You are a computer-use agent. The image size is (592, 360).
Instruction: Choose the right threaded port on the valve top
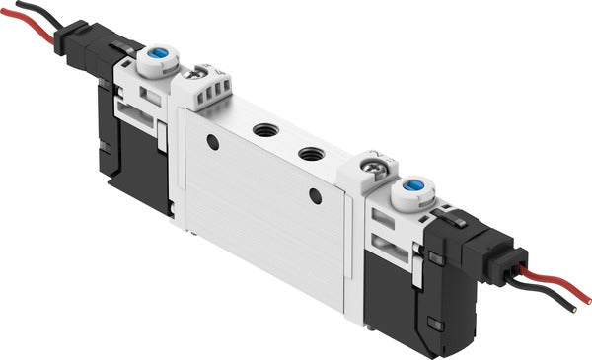tap(311, 154)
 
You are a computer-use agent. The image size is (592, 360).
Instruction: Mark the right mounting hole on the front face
tap(315, 196)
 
